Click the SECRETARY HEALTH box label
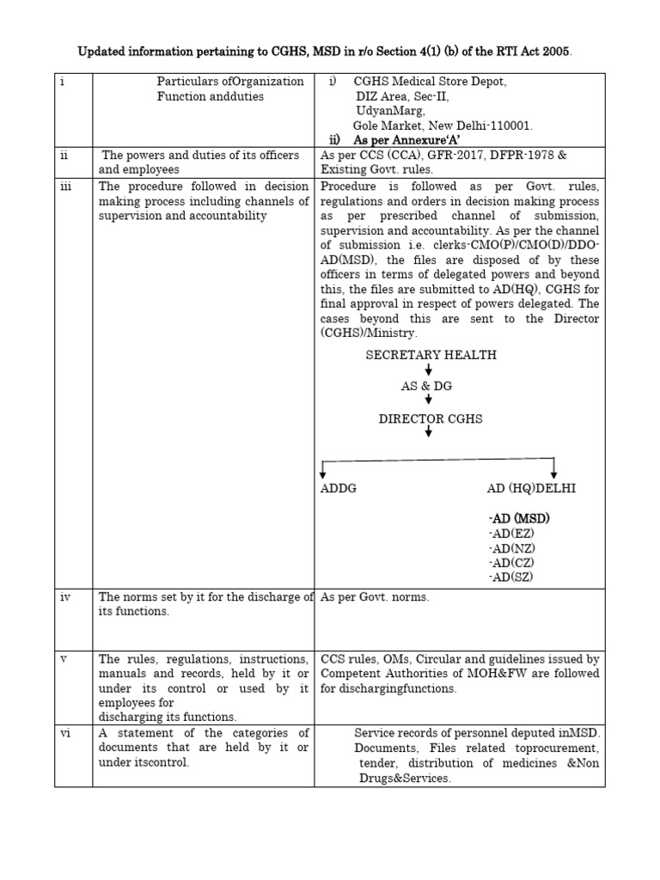click(x=431, y=355)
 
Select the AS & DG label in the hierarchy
click(x=426, y=387)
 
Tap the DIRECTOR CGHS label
click(x=431, y=419)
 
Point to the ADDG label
click(x=338, y=488)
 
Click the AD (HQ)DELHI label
click(x=532, y=488)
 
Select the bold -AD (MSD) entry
click(x=518, y=519)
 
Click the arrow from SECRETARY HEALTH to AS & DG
click(x=428, y=370)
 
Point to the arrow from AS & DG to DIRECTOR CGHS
click(x=428, y=401)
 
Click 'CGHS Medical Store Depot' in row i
click(x=430, y=81)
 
